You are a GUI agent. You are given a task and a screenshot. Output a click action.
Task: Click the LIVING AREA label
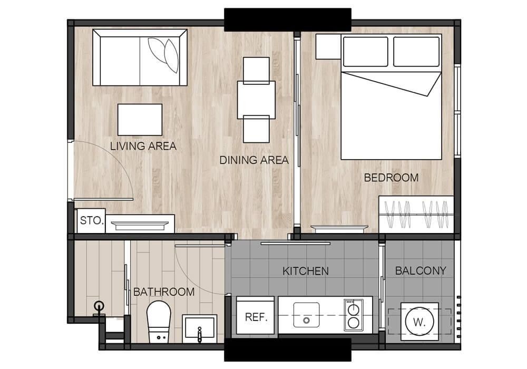(143, 146)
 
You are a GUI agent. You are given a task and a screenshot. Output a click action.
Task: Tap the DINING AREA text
(254, 160)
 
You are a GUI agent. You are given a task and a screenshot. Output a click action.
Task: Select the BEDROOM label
(391, 178)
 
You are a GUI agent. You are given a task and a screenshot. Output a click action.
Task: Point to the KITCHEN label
(306, 271)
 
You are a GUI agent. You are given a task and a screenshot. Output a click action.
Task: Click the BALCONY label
(421, 270)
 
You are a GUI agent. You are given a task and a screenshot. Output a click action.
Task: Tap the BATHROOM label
(164, 292)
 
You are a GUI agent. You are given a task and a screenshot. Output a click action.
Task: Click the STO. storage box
(91, 220)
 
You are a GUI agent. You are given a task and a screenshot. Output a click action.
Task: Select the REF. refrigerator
(256, 315)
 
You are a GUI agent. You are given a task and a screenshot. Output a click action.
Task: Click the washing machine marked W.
(419, 322)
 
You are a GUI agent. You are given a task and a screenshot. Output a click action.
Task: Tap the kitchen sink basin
(307, 315)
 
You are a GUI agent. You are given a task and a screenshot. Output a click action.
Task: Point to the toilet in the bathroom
(159, 322)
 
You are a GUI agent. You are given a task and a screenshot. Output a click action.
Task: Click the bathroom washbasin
(200, 327)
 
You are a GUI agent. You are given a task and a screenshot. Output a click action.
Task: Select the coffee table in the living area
(140, 120)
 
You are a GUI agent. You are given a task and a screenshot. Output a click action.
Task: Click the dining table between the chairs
(256, 100)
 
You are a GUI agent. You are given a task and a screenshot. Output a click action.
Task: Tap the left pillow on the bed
(365, 52)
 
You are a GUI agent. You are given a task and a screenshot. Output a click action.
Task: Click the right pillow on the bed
(416, 52)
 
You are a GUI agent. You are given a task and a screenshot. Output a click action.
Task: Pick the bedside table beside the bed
(328, 46)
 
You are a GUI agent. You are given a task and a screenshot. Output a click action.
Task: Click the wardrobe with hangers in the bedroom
(416, 215)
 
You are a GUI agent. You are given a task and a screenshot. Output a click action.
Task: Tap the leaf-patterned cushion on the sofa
(164, 54)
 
